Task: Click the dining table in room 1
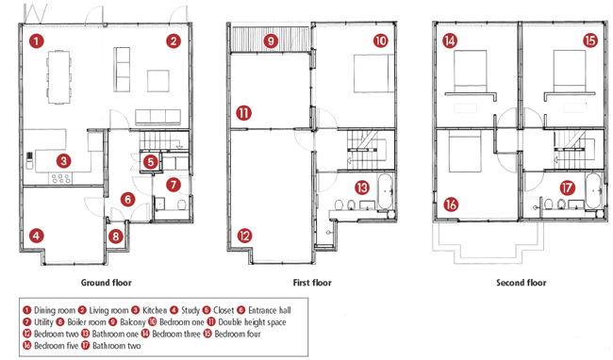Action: click(59, 77)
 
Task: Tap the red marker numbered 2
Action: click(174, 41)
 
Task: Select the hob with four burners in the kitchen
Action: click(61, 179)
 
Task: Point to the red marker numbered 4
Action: click(37, 236)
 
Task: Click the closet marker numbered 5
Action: click(151, 162)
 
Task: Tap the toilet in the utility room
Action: click(181, 205)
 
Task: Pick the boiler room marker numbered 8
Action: click(116, 236)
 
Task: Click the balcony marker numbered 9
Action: click(271, 41)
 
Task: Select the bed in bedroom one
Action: click(373, 74)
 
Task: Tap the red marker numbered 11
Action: click(243, 113)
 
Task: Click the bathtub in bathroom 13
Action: click(385, 191)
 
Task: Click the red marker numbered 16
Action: click(451, 205)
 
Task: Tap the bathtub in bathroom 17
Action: click(592, 191)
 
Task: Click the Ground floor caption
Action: click(107, 283)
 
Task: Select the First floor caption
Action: click(312, 283)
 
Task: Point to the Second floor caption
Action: click(522, 283)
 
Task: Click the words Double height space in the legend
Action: click(252, 322)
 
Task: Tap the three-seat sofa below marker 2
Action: click(157, 117)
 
